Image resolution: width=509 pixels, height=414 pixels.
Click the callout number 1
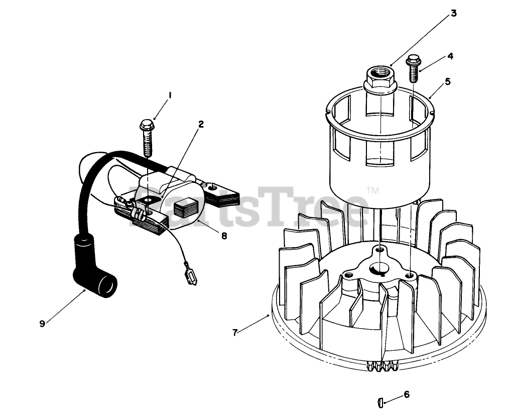point(170,94)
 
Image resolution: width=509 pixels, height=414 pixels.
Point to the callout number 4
point(450,56)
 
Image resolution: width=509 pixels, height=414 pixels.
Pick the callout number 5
point(447,81)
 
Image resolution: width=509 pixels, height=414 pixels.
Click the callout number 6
point(407,394)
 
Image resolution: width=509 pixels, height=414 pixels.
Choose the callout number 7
point(235,333)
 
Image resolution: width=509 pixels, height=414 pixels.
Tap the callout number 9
point(42,324)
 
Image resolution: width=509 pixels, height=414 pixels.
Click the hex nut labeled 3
point(379,79)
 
